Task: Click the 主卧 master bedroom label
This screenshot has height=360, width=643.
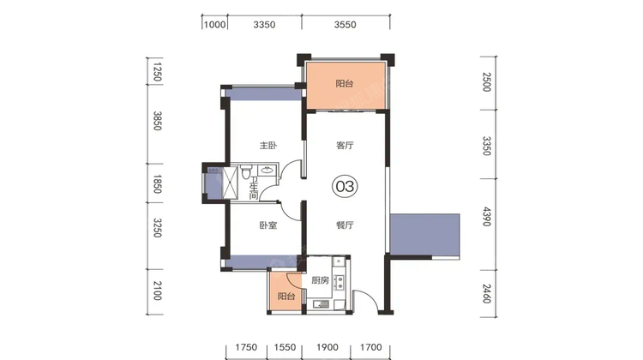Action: point(268,145)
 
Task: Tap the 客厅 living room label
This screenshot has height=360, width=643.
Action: point(345,145)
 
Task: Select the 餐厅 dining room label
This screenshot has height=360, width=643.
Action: point(345,225)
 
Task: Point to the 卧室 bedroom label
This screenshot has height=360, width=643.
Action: point(268,225)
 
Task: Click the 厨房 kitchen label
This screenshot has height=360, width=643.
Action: point(320,280)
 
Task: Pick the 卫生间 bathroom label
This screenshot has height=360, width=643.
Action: point(254,189)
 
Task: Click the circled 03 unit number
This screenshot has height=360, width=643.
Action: point(345,187)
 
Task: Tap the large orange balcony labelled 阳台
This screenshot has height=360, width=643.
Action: point(346,86)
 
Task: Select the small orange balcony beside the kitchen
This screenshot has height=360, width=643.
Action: point(285,291)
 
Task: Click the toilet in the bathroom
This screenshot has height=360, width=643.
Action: point(246,171)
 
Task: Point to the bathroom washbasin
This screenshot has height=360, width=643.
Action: point(267,170)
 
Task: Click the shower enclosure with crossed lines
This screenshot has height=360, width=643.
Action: point(230,183)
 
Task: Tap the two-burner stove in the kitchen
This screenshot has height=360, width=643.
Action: point(340,282)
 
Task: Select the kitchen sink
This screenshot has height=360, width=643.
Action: point(321,303)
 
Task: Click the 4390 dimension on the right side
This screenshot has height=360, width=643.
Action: point(487,217)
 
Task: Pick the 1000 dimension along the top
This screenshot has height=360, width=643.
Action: point(215,25)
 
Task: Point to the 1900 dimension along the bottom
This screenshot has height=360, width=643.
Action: point(328,347)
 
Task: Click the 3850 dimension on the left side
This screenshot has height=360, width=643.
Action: point(158,121)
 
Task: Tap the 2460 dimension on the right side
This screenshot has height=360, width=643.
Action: point(487,294)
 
